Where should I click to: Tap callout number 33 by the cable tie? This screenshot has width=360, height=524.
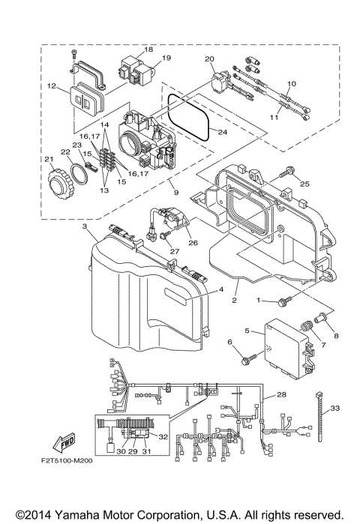pos(334,408)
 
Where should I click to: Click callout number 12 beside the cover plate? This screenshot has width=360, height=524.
pos(52,86)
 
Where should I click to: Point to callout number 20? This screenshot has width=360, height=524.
pos(209,58)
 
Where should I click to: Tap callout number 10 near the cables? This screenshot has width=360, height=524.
pos(292,83)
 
